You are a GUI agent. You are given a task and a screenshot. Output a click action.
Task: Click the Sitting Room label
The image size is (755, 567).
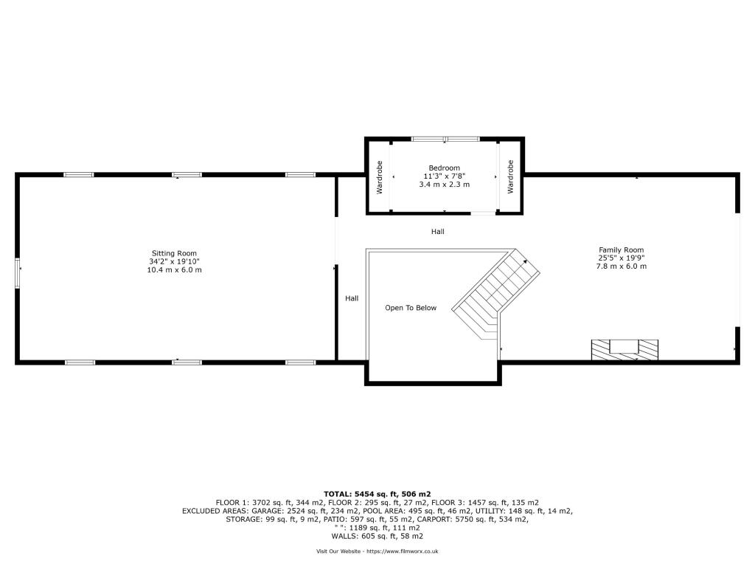174,253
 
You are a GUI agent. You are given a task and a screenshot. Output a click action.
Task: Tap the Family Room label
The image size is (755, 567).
621,250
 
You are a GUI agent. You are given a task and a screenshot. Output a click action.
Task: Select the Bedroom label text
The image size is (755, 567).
444,168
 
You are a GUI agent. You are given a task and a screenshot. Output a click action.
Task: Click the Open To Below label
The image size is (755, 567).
411,308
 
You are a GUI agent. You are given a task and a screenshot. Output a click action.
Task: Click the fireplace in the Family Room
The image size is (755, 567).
624,348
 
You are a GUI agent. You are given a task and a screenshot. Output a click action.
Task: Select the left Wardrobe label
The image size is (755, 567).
380,177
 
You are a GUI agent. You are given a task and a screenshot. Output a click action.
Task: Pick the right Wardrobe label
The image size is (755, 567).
510,177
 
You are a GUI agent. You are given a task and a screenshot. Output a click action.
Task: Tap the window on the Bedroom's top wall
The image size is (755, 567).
445,138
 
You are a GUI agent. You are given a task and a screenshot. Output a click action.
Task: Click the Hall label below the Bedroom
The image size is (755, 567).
438,232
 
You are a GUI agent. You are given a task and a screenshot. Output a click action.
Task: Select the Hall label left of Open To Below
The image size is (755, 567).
352,298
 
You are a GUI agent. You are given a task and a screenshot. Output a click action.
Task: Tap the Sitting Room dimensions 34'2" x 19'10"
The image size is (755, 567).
174,261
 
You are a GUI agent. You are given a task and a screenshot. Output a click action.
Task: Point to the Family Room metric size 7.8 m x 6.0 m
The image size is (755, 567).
621,267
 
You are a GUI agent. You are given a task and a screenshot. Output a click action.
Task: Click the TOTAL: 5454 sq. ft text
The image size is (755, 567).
377,493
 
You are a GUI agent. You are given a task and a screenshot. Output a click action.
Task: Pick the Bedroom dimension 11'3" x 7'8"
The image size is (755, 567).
444,176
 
